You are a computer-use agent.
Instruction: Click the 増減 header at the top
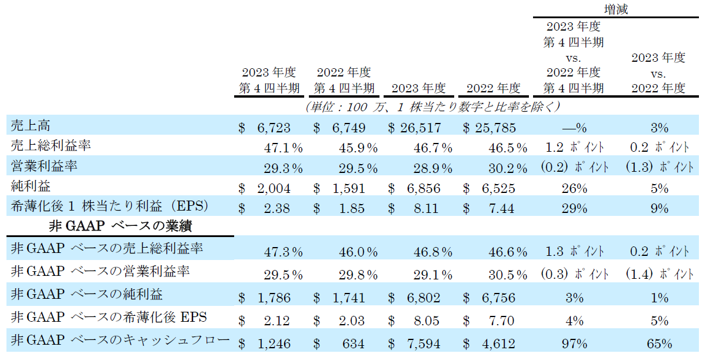tap(618, 9)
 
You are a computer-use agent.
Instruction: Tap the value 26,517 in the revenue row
tap(423, 128)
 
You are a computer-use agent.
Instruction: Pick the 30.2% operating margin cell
tap(508, 169)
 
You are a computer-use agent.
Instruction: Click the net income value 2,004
tap(274, 189)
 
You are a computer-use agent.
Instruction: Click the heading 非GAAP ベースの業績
tap(122, 225)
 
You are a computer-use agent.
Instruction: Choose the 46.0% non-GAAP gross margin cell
tap(358, 252)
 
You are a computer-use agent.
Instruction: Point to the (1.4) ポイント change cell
tap(660, 274)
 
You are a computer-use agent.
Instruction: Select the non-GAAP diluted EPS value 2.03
tap(352, 321)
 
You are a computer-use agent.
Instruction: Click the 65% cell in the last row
tap(660, 344)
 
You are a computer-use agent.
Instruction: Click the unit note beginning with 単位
tap(432, 106)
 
